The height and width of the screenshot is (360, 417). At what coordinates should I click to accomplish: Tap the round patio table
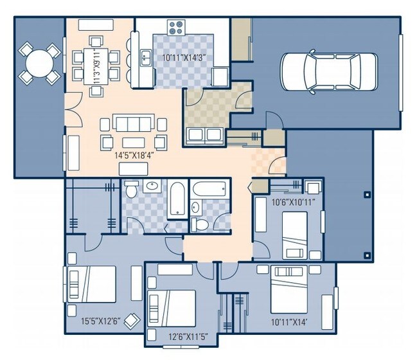point(37,63)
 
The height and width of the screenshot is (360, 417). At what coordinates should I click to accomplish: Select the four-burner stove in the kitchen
point(176,28)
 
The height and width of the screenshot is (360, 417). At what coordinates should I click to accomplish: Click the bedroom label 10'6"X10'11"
point(294,203)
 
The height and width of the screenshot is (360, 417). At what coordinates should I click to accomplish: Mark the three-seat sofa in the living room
point(132,123)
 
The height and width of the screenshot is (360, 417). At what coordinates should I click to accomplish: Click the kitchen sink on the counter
point(146,56)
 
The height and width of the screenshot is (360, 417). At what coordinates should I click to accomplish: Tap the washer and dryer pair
point(204,134)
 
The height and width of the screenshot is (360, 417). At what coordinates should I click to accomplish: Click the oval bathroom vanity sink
point(153,187)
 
